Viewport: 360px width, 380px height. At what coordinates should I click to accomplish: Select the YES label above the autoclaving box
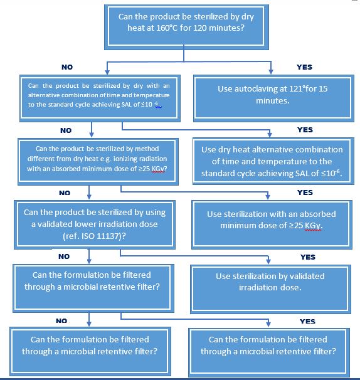coord(304,67)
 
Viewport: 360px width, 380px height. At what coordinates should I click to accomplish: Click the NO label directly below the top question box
coord(67,67)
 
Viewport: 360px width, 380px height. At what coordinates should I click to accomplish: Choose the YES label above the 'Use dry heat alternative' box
coord(305,130)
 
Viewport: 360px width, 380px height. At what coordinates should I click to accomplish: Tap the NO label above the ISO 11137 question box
coord(65,193)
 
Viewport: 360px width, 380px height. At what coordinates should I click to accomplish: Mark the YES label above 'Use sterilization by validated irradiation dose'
coord(308,257)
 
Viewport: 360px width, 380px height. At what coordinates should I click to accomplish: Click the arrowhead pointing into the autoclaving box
coord(271,71)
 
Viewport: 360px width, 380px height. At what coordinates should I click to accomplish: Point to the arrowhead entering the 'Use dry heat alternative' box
coord(269,134)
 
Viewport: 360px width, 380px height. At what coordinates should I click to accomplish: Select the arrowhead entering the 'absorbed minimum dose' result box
coord(268,197)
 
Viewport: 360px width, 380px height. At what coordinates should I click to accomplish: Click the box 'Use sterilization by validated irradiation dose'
coord(270,289)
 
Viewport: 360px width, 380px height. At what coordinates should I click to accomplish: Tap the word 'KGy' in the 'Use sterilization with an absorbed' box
coord(313,226)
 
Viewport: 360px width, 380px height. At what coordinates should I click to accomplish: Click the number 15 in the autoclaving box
coord(323,88)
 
